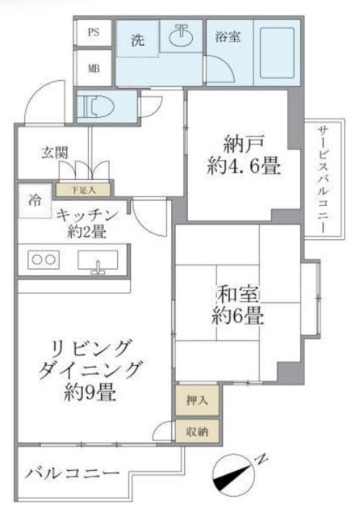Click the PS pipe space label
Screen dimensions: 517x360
pyautogui.click(x=94, y=33)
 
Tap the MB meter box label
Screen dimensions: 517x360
pyautogui.click(x=94, y=68)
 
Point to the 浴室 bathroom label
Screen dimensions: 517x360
pyautogui.click(x=226, y=36)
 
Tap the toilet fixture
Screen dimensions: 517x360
pyautogui.click(x=95, y=105)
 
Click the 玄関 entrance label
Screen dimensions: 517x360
pyautogui.click(x=55, y=152)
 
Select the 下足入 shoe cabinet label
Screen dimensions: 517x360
pyautogui.click(x=83, y=190)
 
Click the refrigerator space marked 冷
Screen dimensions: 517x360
pyautogui.click(x=36, y=200)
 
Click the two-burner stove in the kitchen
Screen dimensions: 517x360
pyautogui.click(x=44, y=261)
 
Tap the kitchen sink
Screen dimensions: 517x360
pyautogui.click(x=98, y=262)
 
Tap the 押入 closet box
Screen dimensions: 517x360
pyautogui.click(x=197, y=400)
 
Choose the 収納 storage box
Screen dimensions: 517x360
pyautogui.click(x=197, y=431)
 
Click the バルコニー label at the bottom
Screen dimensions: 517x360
pyautogui.click(x=72, y=472)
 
